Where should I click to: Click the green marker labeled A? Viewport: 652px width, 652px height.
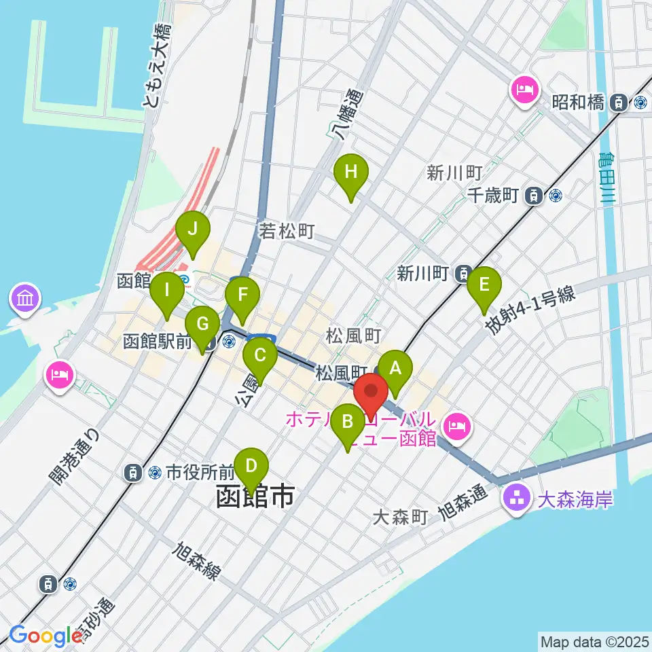(x=395, y=370)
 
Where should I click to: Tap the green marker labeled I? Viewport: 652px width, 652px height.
(x=166, y=292)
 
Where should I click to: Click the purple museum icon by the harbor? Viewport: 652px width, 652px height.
(x=25, y=299)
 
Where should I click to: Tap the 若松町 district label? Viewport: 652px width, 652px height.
(x=287, y=232)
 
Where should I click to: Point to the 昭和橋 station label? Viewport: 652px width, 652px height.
(x=578, y=103)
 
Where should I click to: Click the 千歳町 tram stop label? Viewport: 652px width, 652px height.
(x=494, y=196)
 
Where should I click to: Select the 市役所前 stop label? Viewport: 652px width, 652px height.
(x=200, y=470)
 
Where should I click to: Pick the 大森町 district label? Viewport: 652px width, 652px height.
(x=400, y=518)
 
